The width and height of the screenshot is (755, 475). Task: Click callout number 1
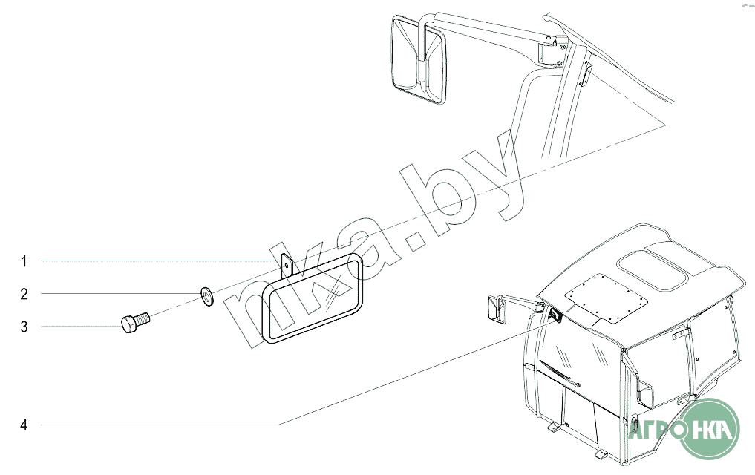pyautogui.click(x=24, y=261)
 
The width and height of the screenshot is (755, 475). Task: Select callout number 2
pyautogui.click(x=24, y=294)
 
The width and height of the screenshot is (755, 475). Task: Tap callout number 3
pyautogui.click(x=24, y=327)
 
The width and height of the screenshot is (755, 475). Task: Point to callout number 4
pyautogui.click(x=24, y=425)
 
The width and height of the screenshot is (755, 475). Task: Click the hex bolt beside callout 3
pyautogui.click(x=134, y=324)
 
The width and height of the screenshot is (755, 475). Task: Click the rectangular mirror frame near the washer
pyautogui.click(x=316, y=297)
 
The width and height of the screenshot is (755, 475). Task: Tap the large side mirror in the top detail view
pyautogui.click(x=418, y=57)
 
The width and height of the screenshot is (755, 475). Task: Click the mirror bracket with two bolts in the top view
pyautogui.click(x=549, y=50)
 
